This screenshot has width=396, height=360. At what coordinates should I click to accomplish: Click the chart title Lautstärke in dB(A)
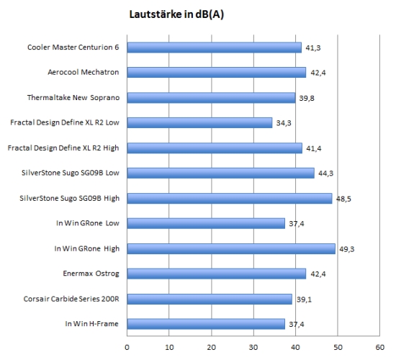click(x=176, y=14)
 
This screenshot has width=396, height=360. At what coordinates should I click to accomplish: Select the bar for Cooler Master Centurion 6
click(x=214, y=48)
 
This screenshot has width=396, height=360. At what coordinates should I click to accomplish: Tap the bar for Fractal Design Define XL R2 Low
click(x=199, y=123)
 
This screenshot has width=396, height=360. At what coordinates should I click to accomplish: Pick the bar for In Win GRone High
click(x=231, y=249)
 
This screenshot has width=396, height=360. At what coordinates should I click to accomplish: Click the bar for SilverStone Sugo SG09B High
click(x=230, y=198)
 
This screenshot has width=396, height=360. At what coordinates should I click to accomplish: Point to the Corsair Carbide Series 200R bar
click(x=210, y=299)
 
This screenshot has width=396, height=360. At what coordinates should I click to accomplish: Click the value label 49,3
click(x=347, y=249)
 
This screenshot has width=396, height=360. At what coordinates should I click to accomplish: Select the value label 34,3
click(x=284, y=123)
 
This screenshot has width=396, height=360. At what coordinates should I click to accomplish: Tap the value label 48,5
click(x=343, y=199)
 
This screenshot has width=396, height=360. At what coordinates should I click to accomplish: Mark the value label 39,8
click(x=307, y=98)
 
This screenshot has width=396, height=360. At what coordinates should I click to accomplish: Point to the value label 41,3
click(x=313, y=48)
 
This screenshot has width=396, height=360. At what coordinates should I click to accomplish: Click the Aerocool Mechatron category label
click(x=84, y=72)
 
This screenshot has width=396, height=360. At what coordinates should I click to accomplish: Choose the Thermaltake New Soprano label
click(x=73, y=97)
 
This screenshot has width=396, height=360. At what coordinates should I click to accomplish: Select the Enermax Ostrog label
click(x=91, y=274)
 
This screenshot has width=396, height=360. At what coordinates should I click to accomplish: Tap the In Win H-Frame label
click(x=91, y=323)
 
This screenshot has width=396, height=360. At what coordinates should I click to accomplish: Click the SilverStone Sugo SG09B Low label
click(x=71, y=173)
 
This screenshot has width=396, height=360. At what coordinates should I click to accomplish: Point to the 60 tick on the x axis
click(x=380, y=347)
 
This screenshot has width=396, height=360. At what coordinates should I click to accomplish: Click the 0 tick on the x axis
click(x=127, y=347)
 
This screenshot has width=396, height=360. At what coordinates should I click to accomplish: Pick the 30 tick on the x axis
click(x=253, y=347)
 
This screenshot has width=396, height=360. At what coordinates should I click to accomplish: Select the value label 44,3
click(x=325, y=174)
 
